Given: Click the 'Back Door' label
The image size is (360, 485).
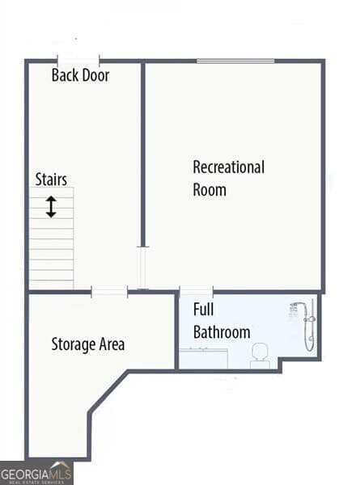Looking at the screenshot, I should tap(80, 76).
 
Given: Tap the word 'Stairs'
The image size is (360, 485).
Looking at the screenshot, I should tap(51, 179).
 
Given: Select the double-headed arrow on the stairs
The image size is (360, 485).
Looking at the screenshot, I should tap(51, 207).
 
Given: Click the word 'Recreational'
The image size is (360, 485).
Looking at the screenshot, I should tap(228, 168).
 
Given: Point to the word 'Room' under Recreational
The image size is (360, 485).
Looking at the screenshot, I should tap(210, 190).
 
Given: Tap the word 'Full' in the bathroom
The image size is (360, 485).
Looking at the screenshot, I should tap(203, 310).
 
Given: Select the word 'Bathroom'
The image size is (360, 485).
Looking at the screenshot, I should tap(222, 332).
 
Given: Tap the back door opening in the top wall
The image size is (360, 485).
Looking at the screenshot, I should tap(78, 60).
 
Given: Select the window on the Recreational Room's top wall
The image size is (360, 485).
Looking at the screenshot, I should tap(235, 60).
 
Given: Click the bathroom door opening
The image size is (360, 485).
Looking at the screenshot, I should tap(196, 291).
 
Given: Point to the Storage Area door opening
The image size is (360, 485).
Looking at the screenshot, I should tap(109, 292).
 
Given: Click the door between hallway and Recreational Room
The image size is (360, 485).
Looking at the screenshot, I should tap(143, 268).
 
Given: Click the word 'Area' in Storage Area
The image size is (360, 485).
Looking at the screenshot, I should tap(112, 344).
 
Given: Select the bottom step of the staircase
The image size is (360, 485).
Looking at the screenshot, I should tap(52, 284).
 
